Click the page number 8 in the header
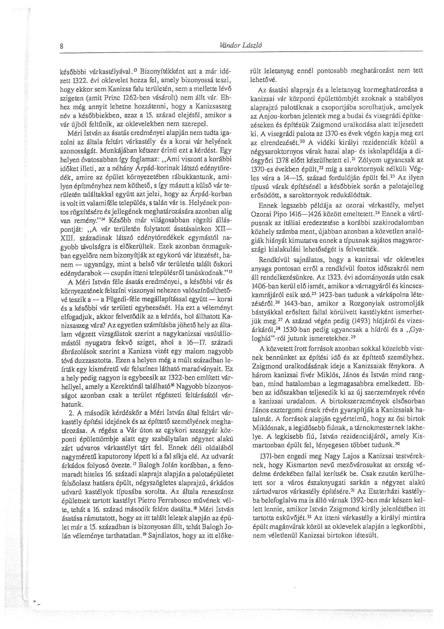(x=62, y=46)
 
